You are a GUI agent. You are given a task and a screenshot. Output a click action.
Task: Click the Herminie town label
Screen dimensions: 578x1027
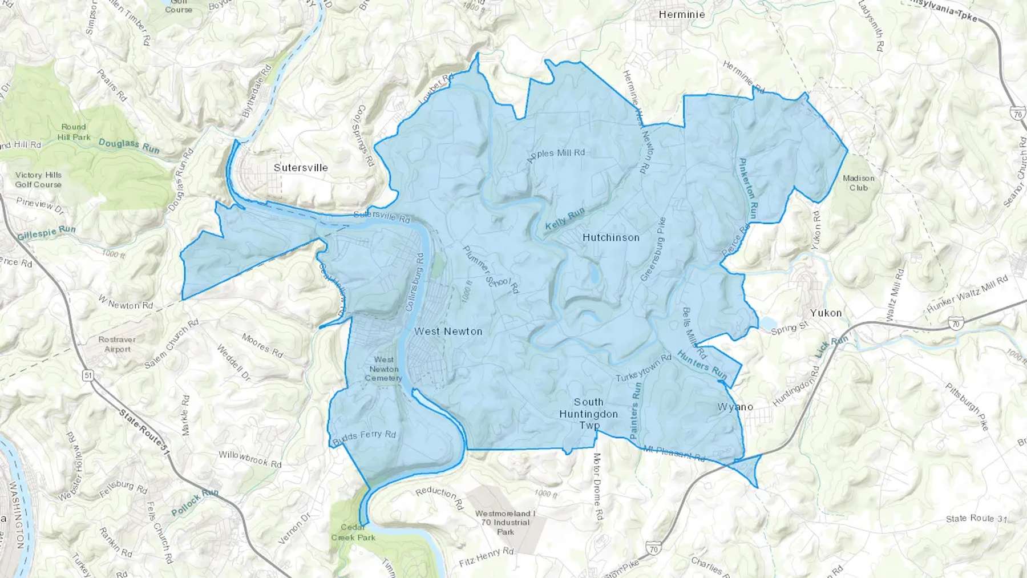coord(681,14)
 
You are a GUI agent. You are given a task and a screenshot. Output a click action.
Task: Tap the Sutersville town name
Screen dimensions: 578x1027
coord(301,167)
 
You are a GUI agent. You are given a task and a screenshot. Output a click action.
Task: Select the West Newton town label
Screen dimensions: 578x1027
coord(448,331)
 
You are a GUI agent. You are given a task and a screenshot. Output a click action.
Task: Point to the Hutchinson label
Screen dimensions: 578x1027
coord(610,237)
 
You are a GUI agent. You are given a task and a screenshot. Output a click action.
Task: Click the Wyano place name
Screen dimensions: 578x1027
coord(735,407)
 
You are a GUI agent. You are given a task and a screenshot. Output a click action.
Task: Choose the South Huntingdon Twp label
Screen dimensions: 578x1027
coord(588,414)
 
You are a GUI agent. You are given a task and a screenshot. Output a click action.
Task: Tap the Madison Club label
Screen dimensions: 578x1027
coord(858,183)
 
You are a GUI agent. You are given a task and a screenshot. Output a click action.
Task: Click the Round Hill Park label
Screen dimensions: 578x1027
coord(74,132)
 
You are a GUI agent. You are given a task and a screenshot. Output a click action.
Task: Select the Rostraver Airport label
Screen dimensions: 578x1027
coord(117,344)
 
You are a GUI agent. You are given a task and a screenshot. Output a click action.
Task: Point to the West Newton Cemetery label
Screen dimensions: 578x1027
coord(383,369)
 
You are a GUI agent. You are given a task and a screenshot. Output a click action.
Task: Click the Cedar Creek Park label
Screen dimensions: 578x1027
coord(353,532)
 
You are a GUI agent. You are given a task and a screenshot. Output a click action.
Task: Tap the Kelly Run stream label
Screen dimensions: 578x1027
coord(565,219)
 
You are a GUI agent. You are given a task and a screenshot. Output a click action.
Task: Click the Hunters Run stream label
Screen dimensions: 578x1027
coord(702,365)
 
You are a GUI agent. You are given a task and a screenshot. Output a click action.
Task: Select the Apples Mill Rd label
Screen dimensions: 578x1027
coord(556,155)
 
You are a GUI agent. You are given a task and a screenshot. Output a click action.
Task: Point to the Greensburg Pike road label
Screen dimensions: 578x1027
coord(653,249)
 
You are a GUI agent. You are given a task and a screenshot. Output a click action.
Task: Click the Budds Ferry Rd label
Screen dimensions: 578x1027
coord(363,437)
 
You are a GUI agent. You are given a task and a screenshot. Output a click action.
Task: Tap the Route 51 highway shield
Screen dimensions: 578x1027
coord(87,375)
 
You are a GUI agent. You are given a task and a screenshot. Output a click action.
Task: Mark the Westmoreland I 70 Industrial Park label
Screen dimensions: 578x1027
coord(505,522)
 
